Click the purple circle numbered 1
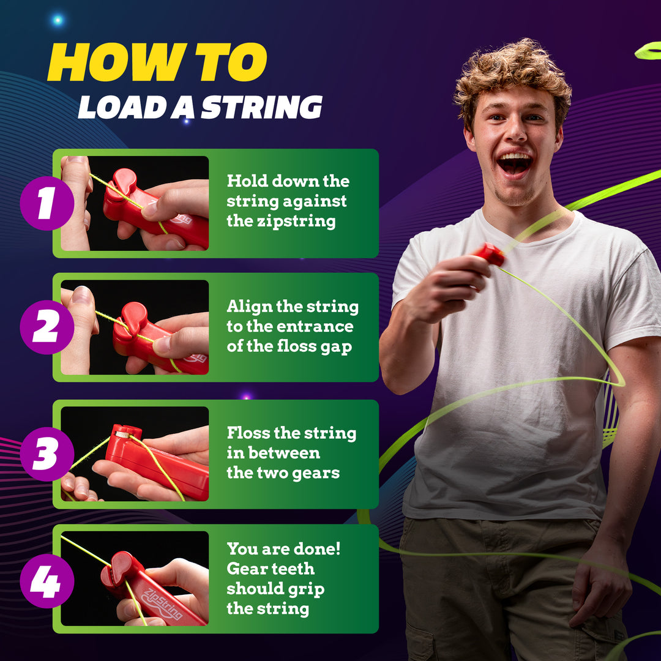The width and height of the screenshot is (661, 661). [x=47, y=203]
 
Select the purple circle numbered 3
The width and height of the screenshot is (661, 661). [x=47, y=454]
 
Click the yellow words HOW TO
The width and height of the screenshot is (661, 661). [x=157, y=63]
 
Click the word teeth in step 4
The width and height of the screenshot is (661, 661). [x=289, y=569]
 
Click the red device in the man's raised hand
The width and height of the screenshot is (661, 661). [x=490, y=253]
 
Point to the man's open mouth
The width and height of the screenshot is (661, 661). [x=515, y=163]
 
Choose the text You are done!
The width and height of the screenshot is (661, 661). [x=283, y=548]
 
